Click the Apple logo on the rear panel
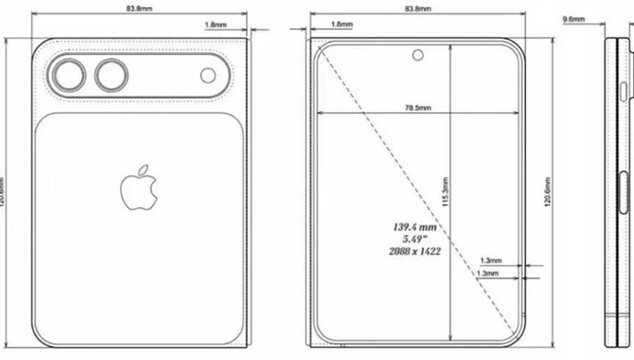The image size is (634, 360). pos(139,188)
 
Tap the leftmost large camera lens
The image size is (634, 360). pos(69,76)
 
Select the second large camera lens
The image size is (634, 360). pos(112,76)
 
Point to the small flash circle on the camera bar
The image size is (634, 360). pos(208,76)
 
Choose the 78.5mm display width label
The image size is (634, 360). pos(417,108)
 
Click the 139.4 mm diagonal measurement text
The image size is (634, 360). pos(413,227)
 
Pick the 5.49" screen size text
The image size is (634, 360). pos(413,238)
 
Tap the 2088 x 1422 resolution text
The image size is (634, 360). pos(413,250)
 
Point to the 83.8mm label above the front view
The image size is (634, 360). pos(417,9)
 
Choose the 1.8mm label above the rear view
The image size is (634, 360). pos(215,24)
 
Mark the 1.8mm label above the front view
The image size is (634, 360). pos(341,24)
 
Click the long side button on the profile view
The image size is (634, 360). pos(620,196)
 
